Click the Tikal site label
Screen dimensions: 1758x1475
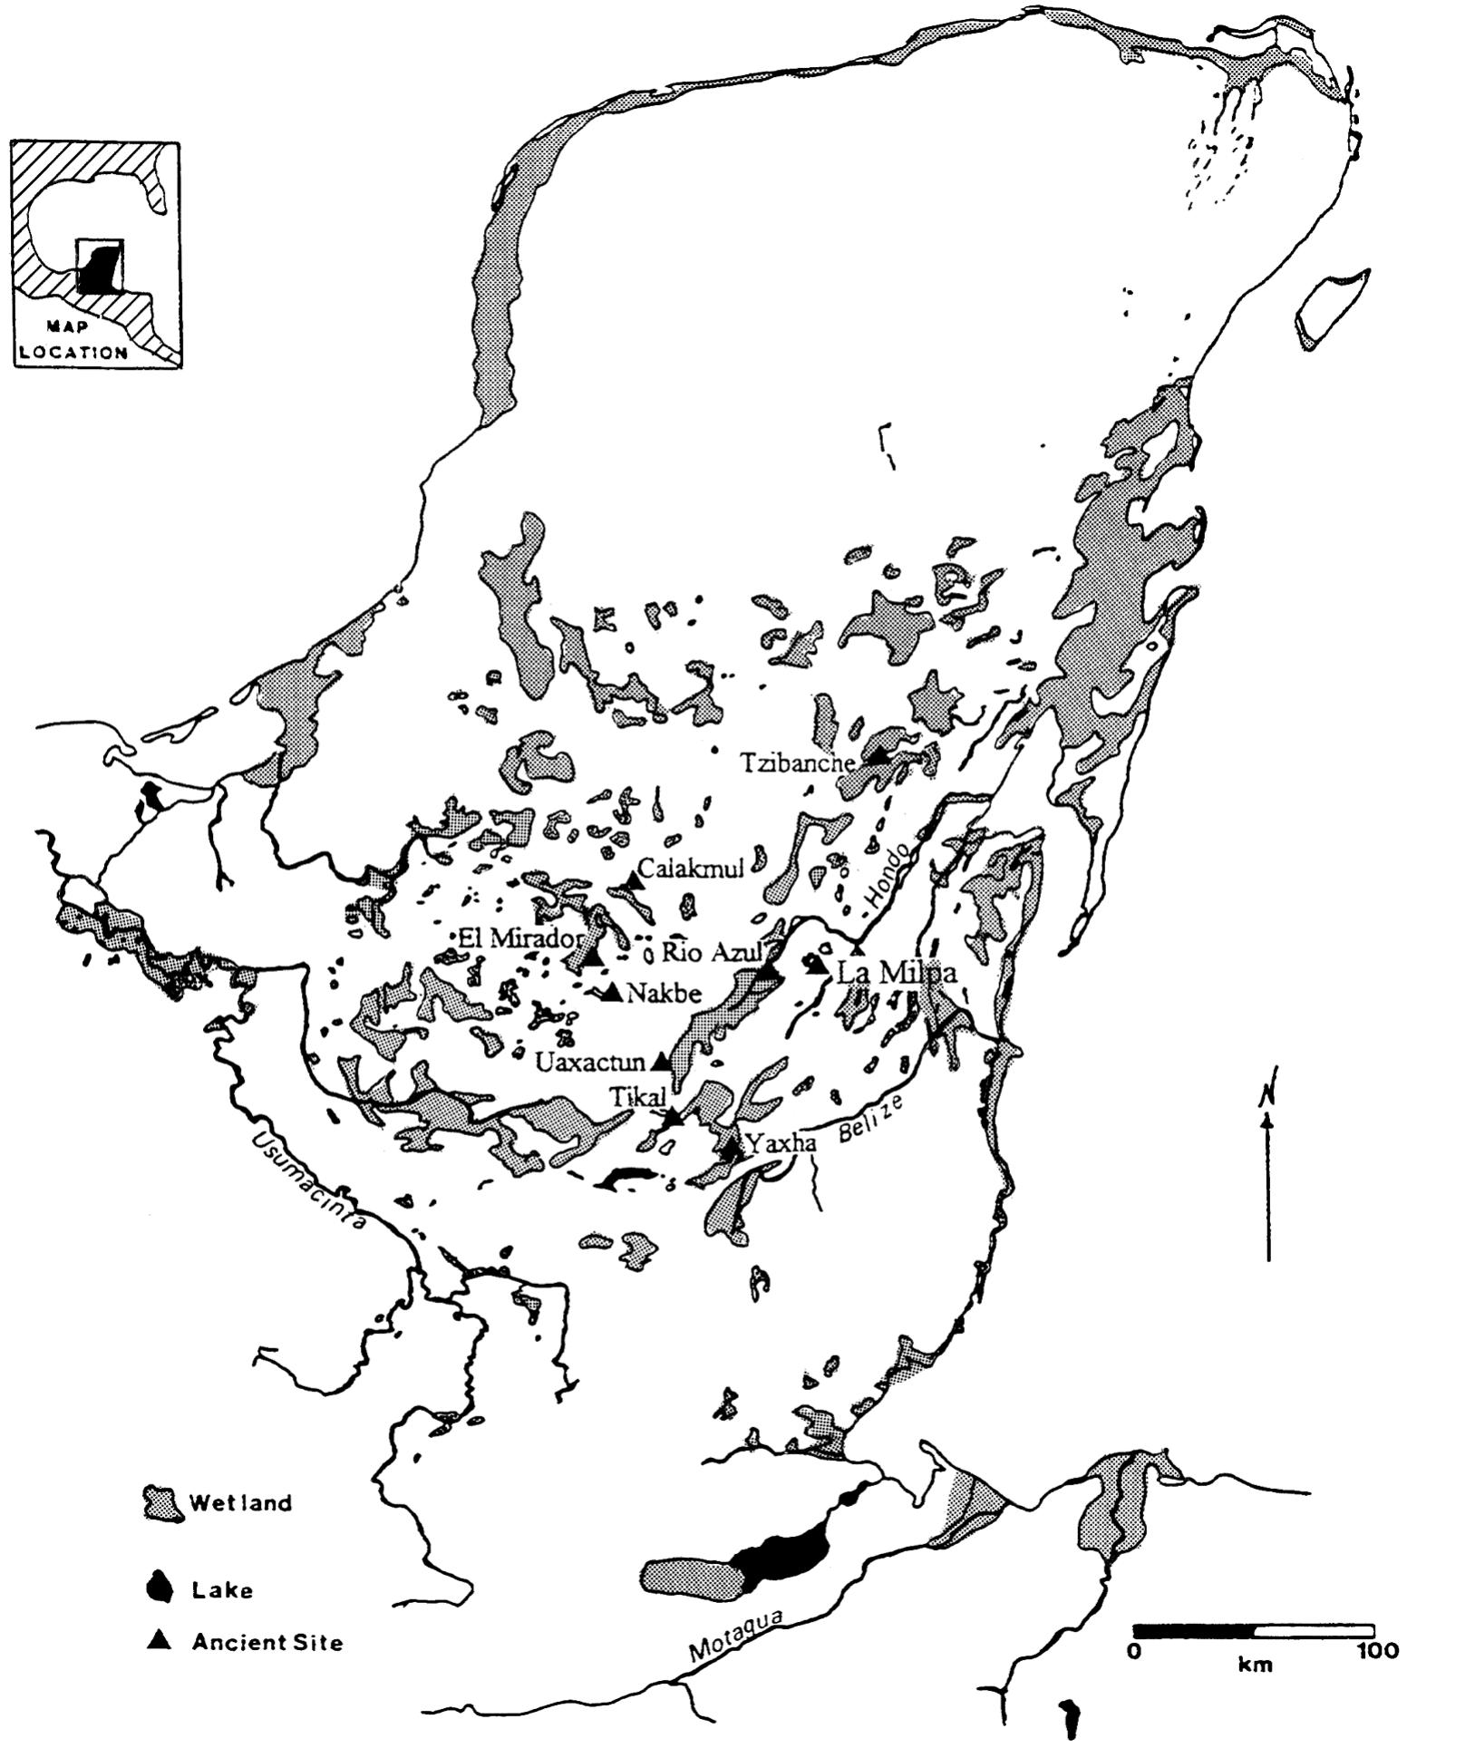pyautogui.click(x=636, y=1096)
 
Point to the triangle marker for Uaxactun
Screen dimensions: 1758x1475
pyautogui.click(x=662, y=1059)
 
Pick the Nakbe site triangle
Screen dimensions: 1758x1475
pyautogui.click(x=612, y=993)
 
